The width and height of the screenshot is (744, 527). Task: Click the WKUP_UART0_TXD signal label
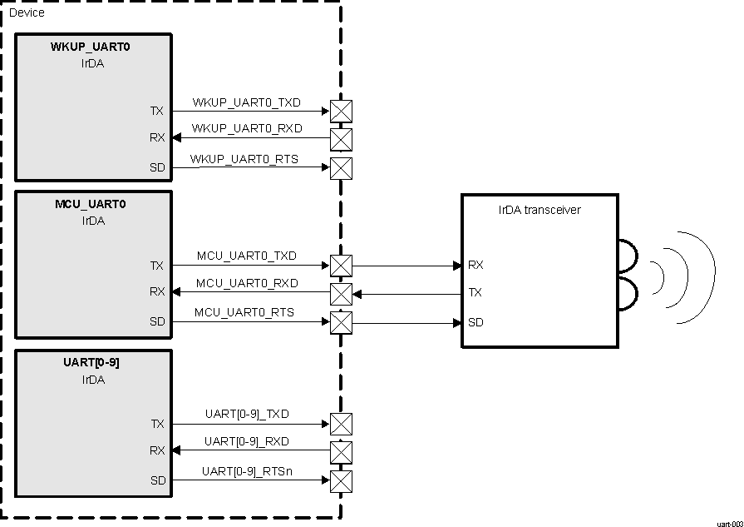point(246,103)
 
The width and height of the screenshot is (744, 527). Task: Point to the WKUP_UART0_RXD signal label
point(246,129)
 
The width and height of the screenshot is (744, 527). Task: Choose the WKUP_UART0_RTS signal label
point(244,158)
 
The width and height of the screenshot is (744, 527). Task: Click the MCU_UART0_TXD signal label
point(246,256)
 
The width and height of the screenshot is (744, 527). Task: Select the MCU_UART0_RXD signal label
point(246,284)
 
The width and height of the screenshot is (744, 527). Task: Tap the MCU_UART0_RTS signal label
point(244,312)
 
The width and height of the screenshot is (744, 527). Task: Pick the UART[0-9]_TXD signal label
point(246,414)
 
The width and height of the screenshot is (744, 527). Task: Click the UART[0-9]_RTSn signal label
point(247,472)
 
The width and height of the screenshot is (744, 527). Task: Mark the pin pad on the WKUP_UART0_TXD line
point(341,111)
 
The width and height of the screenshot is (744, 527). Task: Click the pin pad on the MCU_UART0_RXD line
point(341,293)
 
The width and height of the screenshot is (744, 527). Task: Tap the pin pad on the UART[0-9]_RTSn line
point(341,481)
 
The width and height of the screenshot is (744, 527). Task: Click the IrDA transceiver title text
point(540,210)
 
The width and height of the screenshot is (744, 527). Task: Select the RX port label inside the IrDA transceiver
point(475,266)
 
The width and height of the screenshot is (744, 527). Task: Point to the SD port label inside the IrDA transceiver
point(475,322)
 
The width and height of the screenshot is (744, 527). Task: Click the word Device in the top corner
point(27,12)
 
